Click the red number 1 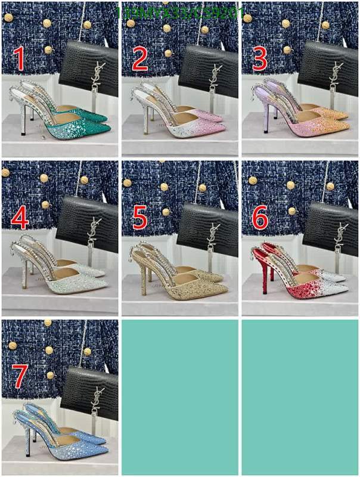point(19,60)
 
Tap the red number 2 point(140,60)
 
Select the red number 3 point(260,60)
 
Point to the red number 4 point(19,219)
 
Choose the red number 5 point(140,219)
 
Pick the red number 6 point(260,219)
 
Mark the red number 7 point(19,377)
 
